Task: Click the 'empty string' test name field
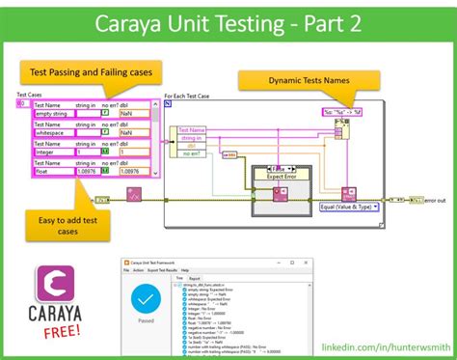coord(53,114)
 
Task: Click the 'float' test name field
coord(53,172)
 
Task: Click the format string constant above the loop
coord(343,112)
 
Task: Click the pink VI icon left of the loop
coord(133,197)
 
